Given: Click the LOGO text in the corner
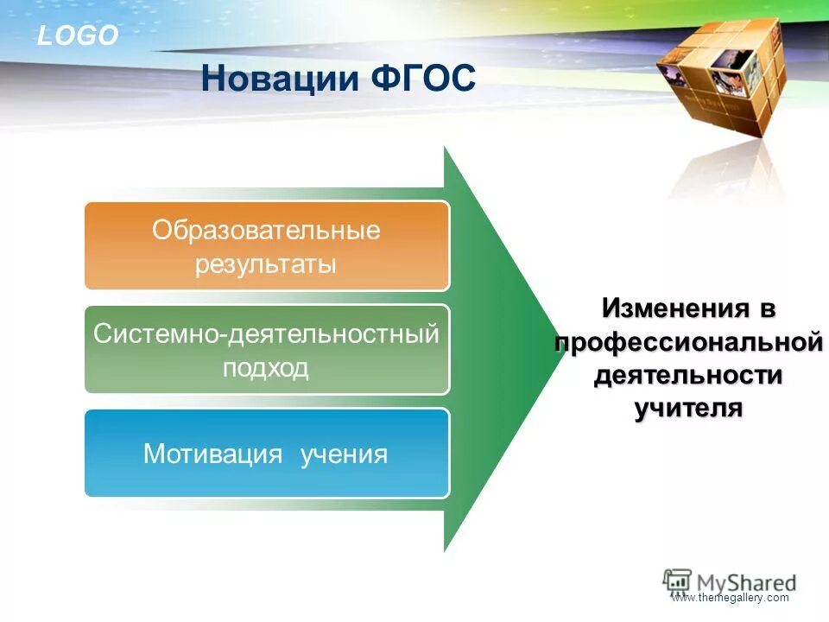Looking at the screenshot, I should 78,36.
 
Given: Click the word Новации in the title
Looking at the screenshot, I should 279,79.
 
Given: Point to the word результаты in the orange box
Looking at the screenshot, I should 265,263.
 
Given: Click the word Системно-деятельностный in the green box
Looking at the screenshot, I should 267,334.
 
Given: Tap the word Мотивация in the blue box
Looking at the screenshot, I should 212,454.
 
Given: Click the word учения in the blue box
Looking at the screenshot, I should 344,454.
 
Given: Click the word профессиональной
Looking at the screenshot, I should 687,342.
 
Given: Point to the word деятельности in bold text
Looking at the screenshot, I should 687,376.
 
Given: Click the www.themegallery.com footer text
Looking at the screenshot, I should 730,598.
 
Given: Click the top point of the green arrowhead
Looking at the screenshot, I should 445,148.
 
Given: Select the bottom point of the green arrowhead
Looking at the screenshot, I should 445,550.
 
